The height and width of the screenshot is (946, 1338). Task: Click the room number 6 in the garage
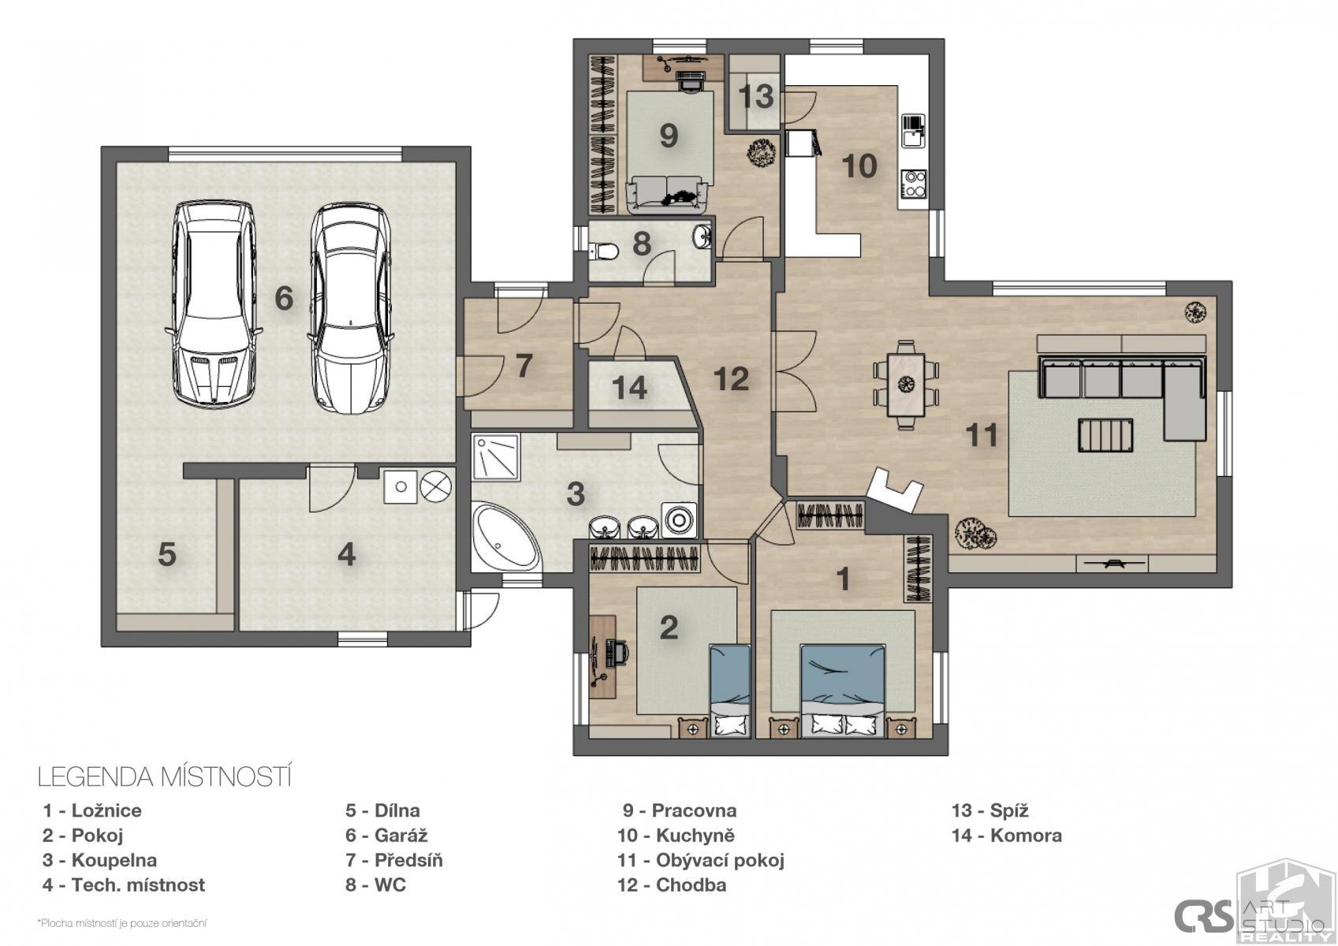coord(284,297)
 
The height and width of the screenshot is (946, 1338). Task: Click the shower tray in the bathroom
coord(496,457)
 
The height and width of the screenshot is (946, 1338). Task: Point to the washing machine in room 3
coord(679,519)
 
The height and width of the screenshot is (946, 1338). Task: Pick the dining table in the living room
coord(906,385)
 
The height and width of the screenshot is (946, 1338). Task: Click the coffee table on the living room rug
coord(1105,435)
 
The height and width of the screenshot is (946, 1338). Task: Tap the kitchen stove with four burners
coord(914,184)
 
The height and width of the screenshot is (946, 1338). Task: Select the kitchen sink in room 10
coord(913,131)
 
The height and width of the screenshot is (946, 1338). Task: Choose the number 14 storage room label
coord(629,388)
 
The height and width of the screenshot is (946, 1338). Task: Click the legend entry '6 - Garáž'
coord(386,835)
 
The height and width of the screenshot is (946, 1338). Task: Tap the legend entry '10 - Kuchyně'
coord(676,835)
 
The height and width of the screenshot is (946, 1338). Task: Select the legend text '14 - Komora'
coord(1007,835)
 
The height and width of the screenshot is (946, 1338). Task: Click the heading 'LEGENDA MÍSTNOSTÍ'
coord(165,777)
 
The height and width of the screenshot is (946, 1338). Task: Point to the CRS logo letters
coord(1203,915)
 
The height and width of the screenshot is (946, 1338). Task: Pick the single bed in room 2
coord(730,691)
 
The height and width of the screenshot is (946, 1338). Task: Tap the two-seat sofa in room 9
coord(666,195)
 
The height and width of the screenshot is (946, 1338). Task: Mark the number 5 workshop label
coord(166,554)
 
